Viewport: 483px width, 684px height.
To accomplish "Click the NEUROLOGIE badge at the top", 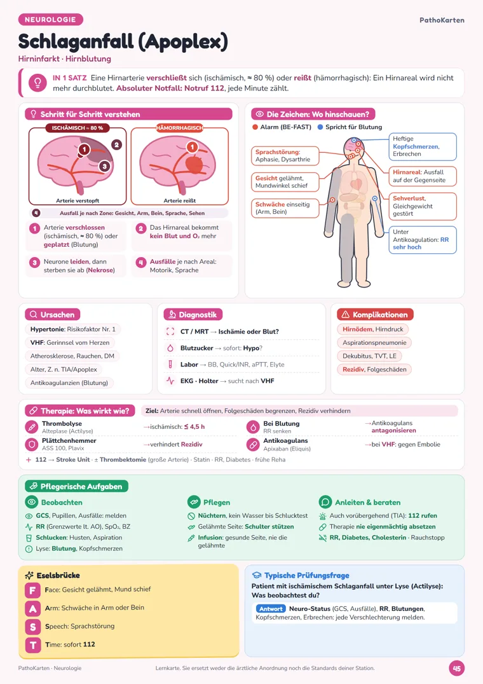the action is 50,20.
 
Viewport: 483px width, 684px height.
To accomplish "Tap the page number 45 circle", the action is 456,668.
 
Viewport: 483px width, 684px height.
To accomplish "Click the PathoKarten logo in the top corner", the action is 442,20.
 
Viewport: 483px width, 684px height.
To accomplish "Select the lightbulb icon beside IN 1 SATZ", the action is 37,83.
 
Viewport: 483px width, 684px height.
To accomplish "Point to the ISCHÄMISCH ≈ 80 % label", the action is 78,128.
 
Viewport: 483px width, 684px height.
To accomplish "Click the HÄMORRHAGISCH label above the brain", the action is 179,128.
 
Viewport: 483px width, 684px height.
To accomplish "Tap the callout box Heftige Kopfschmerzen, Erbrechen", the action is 422,146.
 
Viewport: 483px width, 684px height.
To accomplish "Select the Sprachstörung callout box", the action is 285,156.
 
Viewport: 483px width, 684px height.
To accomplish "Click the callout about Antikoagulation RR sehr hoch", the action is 422,239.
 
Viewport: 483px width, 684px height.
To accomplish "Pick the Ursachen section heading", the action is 52,314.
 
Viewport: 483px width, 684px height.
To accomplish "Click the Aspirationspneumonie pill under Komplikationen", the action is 374,342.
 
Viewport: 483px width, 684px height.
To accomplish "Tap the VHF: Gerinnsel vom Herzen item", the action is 70,342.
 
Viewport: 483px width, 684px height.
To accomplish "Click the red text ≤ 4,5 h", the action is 194,427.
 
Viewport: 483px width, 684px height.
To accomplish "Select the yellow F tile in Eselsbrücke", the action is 32,590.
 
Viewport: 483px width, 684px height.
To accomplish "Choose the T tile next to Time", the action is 32,645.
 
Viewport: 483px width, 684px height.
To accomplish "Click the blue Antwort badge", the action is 271,608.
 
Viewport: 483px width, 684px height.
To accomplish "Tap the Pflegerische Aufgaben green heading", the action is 77,486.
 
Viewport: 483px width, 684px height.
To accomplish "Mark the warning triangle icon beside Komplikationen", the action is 345,314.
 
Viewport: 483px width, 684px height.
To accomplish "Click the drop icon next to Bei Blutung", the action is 253,427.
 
